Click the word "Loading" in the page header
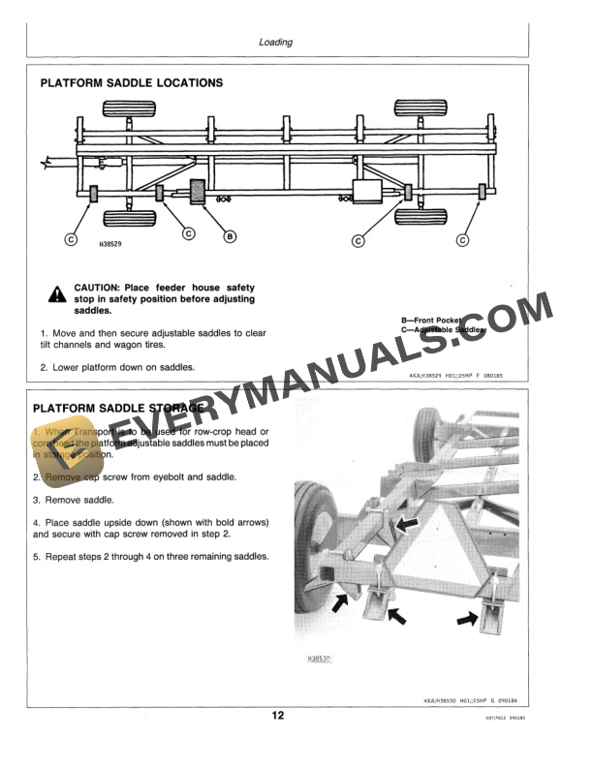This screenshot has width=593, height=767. coord(276,43)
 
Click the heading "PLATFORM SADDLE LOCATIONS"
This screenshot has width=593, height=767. coord(131,83)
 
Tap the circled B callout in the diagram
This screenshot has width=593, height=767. coord(230,235)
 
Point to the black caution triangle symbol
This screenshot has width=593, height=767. coord(59,292)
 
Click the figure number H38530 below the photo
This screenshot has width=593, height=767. coord(320,659)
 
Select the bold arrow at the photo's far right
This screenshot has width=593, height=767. coord(470,616)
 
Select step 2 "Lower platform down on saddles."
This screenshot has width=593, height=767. coord(117,367)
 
